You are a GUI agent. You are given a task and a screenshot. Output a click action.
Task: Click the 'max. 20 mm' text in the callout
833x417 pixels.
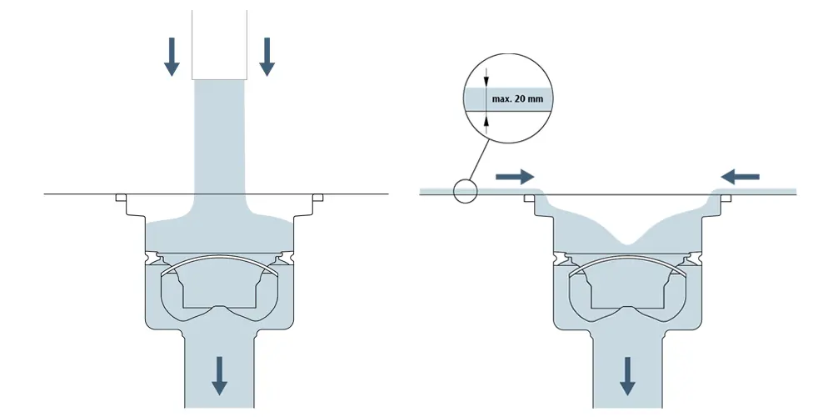pos(518,99)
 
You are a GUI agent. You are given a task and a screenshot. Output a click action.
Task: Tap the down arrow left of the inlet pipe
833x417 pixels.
pos(172,56)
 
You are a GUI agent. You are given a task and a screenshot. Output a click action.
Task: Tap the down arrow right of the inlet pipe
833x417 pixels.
pos(267,56)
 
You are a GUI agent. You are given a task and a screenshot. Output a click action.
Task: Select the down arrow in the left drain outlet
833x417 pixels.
pos(219,374)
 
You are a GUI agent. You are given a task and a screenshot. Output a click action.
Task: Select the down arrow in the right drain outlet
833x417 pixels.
pos(628,374)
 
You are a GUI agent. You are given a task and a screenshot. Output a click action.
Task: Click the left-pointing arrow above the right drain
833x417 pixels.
pos(741,177)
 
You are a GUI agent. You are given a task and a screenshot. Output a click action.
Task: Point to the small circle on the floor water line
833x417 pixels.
pos(465,192)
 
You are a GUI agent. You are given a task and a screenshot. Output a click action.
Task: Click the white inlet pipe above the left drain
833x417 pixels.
pos(220,42)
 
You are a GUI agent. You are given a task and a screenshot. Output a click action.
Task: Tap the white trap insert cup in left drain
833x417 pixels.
pos(219,289)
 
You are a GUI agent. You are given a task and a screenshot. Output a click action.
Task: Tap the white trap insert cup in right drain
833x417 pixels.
pos(628,289)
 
